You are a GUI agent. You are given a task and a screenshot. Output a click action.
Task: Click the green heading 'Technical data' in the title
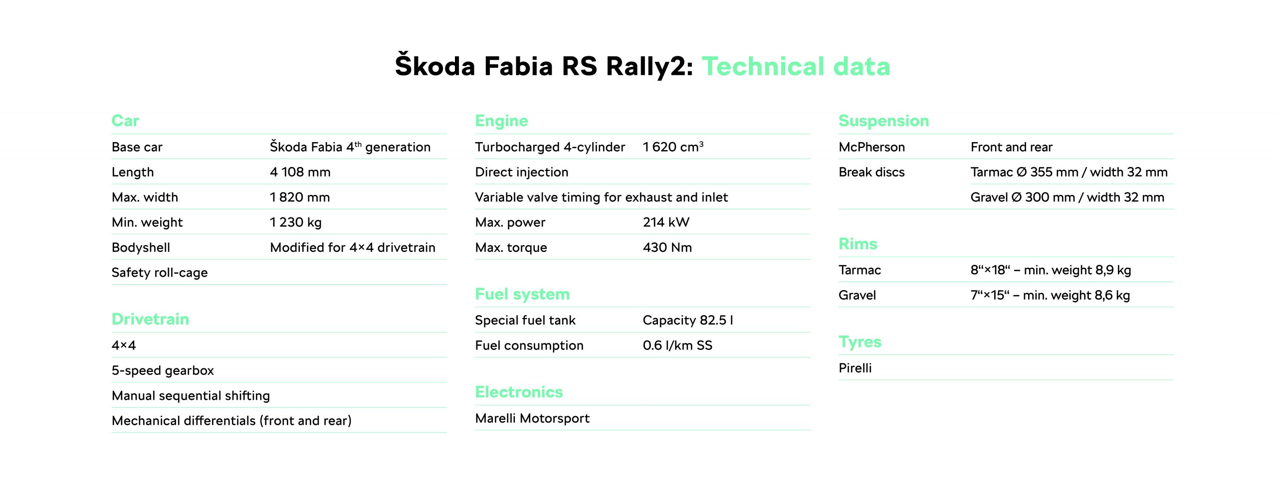tap(796, 66)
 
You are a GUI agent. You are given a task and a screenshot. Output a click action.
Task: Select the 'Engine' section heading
tap(501, 121)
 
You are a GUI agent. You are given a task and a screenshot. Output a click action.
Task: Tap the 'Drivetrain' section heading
tap(150, 319)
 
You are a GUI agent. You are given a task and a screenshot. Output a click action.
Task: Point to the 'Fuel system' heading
tap(522, 294)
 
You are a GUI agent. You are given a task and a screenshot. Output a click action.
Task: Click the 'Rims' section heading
tap(857, 244)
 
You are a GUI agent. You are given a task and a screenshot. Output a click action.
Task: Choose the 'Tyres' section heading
tap(860, 342)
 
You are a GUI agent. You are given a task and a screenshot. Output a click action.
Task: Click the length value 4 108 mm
tap(300, 172)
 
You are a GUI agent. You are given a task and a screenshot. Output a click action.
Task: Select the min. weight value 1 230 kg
tap(296, 222)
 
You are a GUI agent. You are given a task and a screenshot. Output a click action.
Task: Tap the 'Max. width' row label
tap(145, 197)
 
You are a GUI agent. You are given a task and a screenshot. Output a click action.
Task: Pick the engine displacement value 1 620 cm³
tap(673, 147)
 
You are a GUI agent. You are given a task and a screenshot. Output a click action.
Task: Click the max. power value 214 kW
tap(666, 222)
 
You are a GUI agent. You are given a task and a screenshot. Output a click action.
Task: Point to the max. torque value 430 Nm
tap(667, 247)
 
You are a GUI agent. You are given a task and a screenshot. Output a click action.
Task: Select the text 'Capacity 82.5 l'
tap(688, 320)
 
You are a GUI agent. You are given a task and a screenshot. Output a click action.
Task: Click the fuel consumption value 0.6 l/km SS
tap(677, 345)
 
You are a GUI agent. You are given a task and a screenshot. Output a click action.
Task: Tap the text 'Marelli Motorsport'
tap(532, 418)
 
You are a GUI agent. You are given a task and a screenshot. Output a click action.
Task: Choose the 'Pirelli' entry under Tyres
tap(855, 368)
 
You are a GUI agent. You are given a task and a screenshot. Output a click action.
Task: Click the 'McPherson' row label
tap(871, 147)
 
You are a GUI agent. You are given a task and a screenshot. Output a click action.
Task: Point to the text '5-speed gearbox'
tap(163, 371)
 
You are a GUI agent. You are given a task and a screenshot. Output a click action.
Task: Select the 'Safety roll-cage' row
tap(160, 273)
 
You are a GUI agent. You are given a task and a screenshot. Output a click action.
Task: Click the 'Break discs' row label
tap(871, 172)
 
